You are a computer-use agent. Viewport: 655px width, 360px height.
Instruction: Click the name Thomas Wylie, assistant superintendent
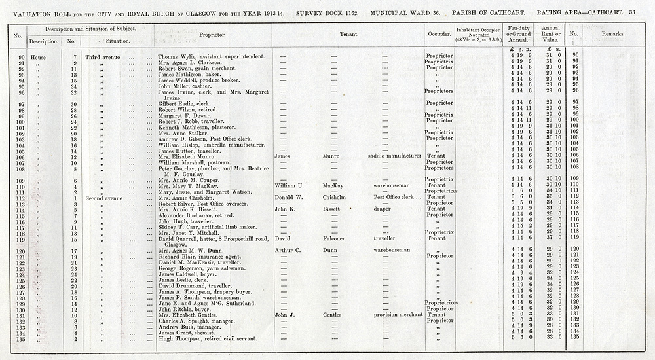click(211, 56)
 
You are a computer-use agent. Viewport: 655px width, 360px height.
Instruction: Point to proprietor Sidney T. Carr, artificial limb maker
click(206, 226)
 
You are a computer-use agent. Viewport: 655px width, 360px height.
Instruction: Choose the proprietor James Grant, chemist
click(191, 333)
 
